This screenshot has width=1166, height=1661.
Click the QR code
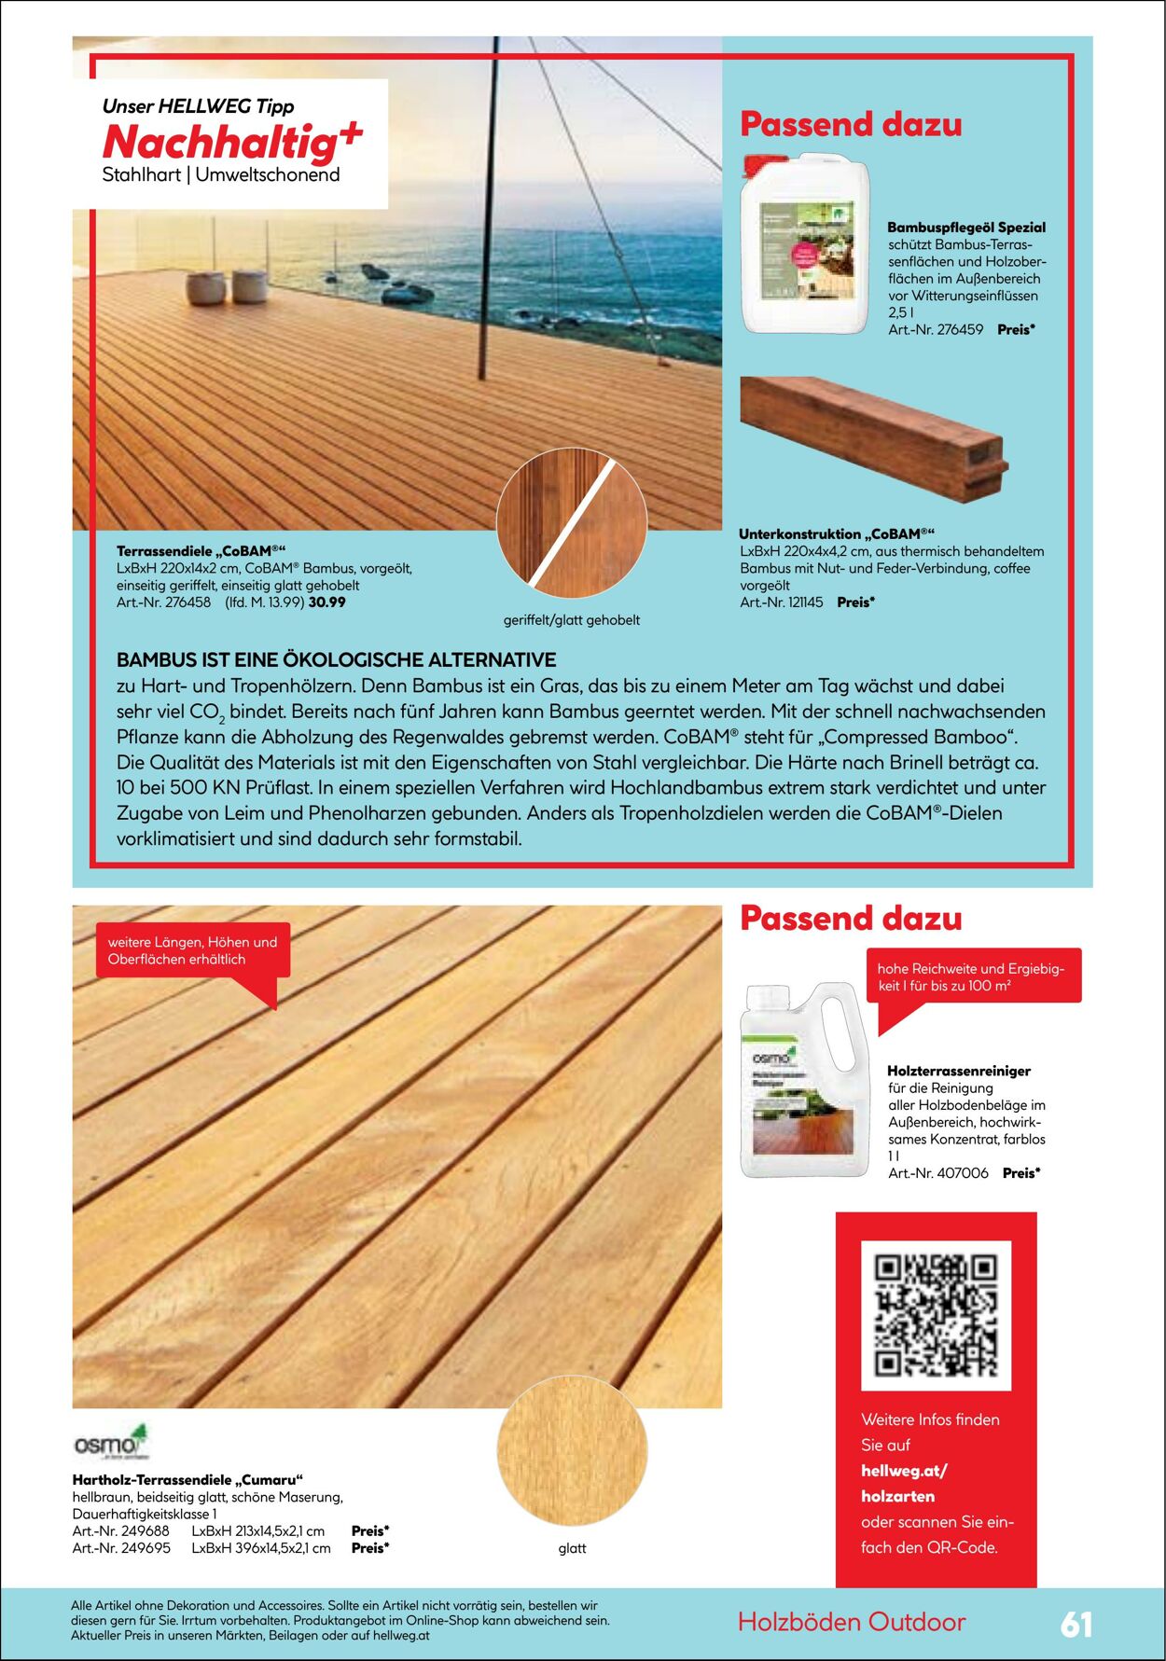click(x=936, y=1315)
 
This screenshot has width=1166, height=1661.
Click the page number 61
click(x=1076, y=1624)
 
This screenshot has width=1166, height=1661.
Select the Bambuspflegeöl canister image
click(x=804, y=244)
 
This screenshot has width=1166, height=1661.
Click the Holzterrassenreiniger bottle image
click(x=804, y=1079)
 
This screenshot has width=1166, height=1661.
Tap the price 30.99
click(x=326, y=602)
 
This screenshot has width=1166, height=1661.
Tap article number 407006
click(x=938, y=1173)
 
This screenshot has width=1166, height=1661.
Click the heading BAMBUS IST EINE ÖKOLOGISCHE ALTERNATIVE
click(x=336, y=659)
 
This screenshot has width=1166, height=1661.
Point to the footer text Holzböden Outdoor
click(x=851, y=1622)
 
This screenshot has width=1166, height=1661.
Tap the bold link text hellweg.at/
click(x=903, y=1471)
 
